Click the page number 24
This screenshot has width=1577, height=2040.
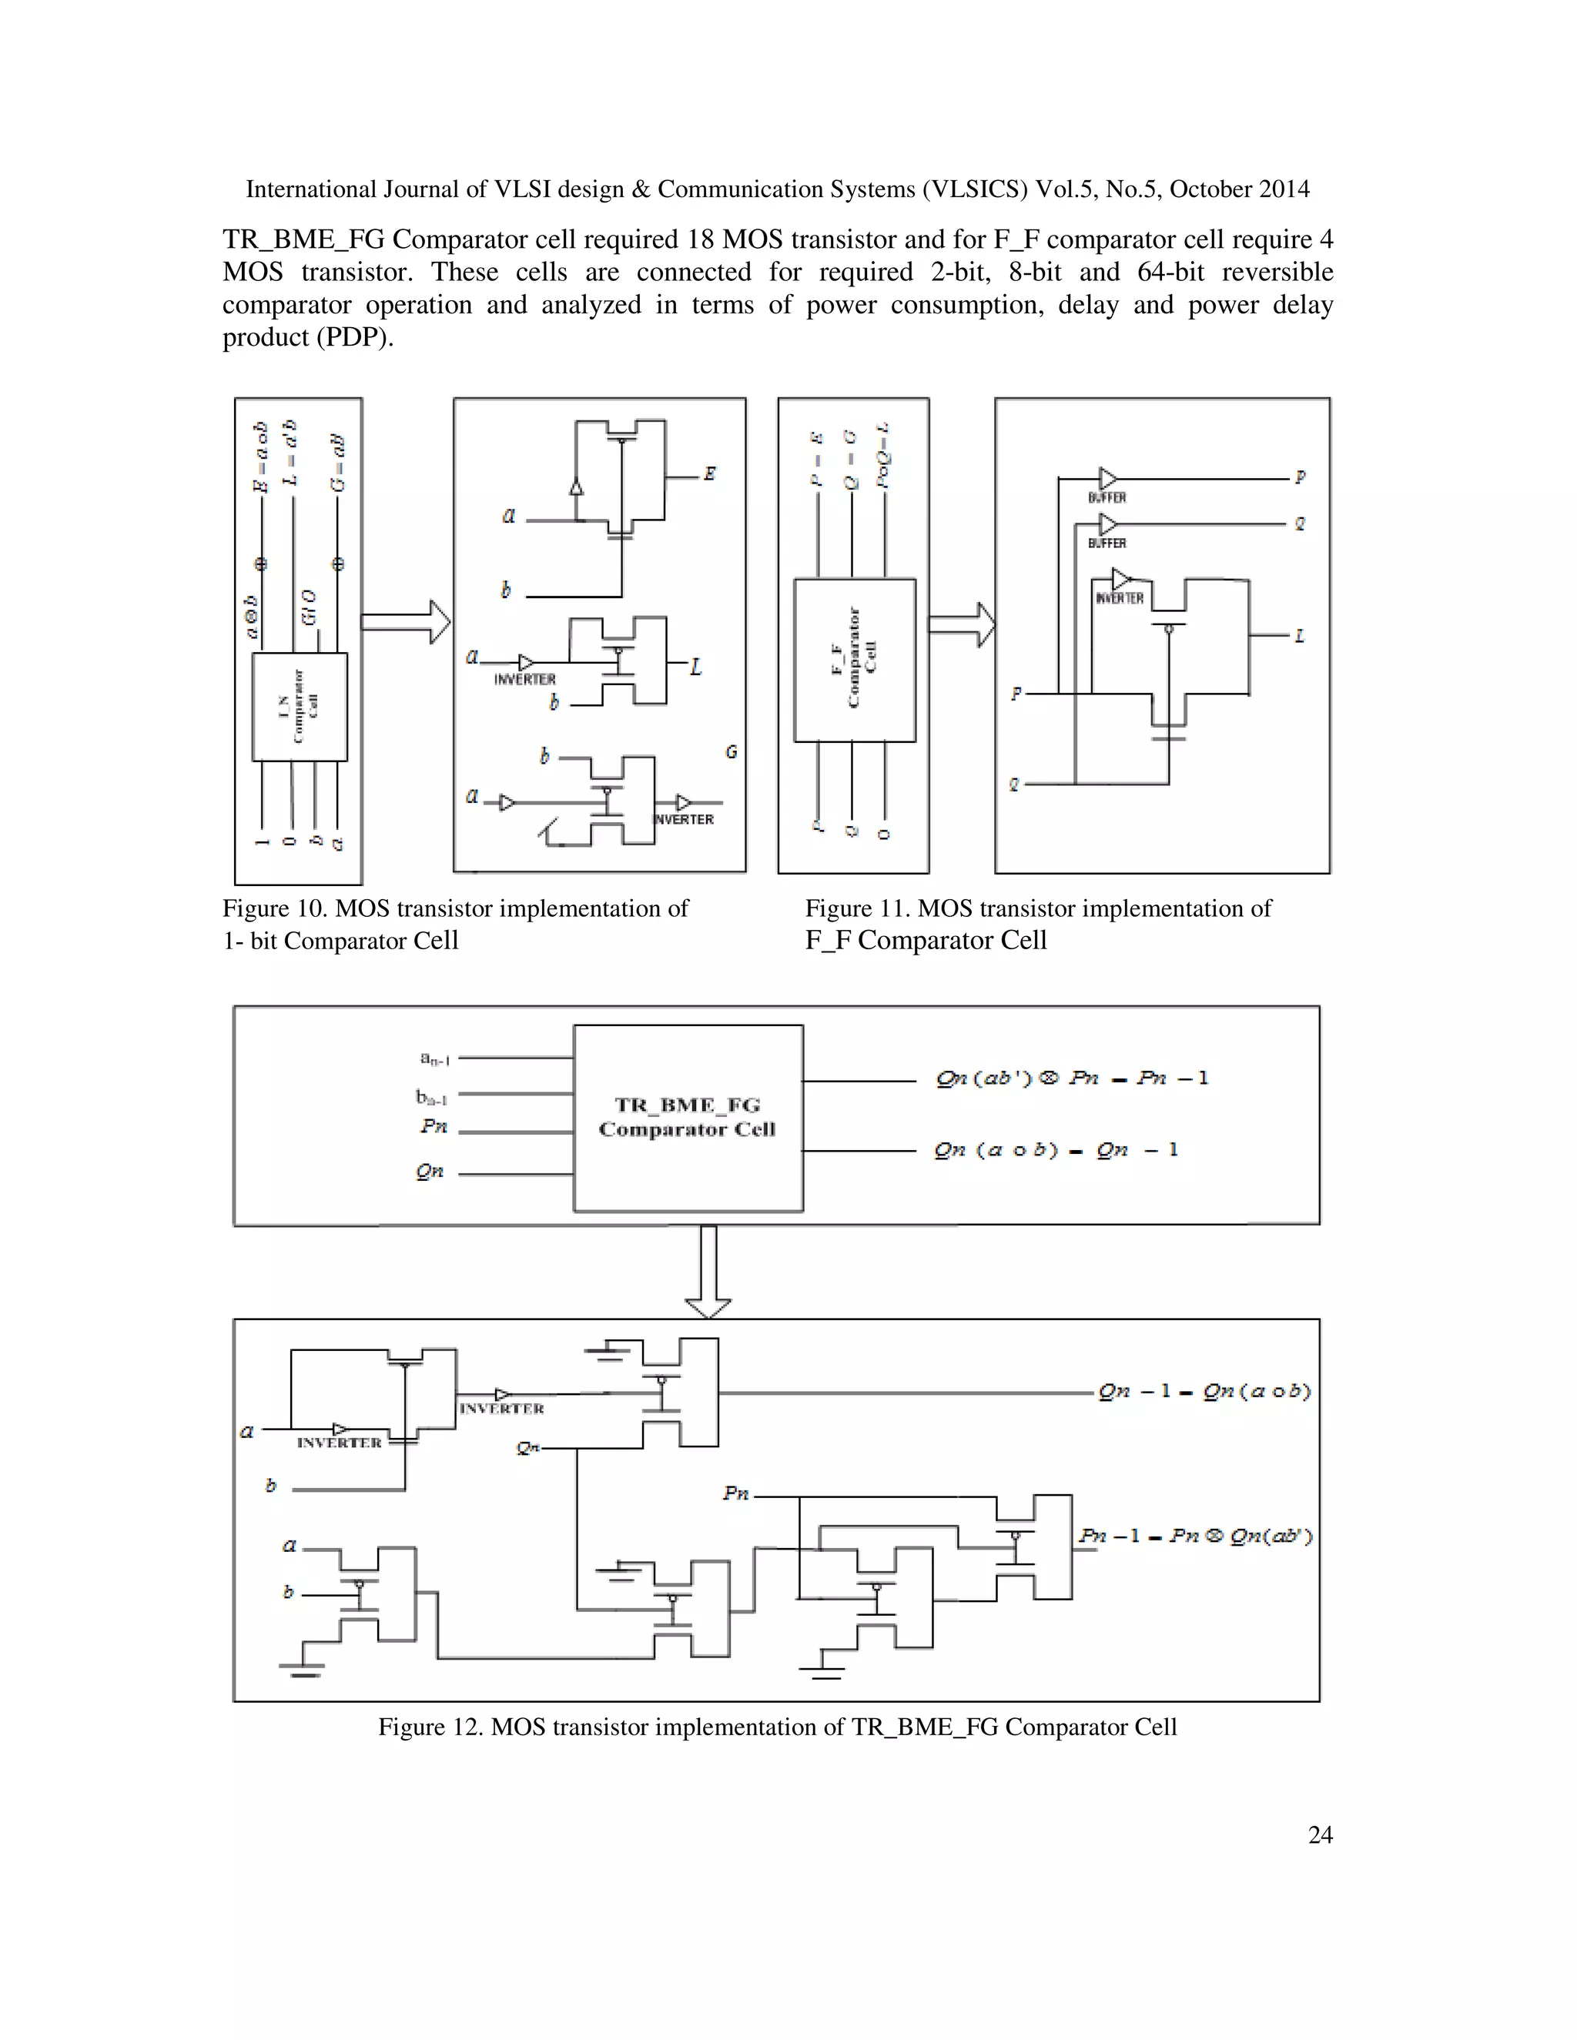click(1319, 1835)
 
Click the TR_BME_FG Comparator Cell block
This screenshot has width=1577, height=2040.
click(688, 1117)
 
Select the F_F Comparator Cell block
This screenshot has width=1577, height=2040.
click(854, 660)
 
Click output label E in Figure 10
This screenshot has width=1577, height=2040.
click(710, 474)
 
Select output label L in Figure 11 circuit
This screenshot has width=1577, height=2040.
click(1298, 636)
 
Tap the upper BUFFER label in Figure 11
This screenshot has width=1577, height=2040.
click(1107, 498)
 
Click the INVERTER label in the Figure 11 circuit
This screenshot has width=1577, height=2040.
click(1119, 599)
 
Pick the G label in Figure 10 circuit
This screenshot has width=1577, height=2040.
click(731, 752)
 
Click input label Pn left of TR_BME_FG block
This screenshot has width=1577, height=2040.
click(434, 1126)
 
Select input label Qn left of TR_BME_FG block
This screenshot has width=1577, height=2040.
click(430, 1172)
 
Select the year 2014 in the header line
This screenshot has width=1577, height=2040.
click(1283, 189)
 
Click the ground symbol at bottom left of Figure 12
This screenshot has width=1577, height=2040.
click(302, 1668)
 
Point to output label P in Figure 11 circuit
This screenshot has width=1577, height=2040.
click(1300, 477)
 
